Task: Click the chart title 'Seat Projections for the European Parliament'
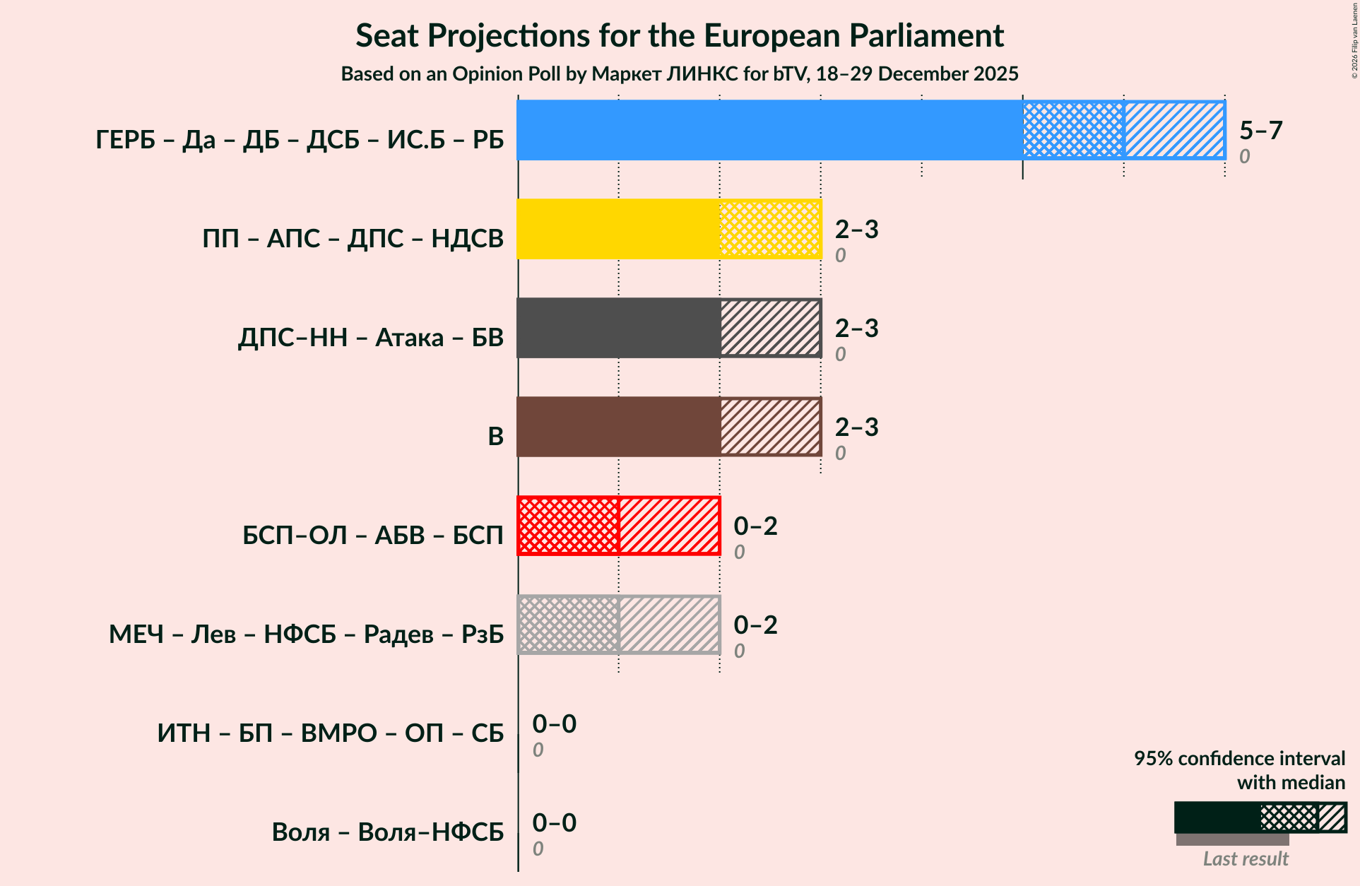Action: point(680,36)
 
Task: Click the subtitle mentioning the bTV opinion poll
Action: point(680,74)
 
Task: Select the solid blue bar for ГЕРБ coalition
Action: point(769,130)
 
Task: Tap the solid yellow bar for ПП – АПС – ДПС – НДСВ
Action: point(618,229)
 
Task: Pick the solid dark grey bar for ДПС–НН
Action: point(618,328)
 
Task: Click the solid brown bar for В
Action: point(618,427)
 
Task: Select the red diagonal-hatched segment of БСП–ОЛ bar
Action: point(669,526)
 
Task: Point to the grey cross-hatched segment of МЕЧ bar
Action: point(568,625)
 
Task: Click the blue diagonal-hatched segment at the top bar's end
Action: point(1174,130)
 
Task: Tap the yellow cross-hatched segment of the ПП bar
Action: point(770,229)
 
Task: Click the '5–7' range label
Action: point(1260,131)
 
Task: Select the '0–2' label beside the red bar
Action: point(755,526)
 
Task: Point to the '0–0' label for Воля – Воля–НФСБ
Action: point(554,823)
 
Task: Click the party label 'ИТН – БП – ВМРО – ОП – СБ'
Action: point(331,733)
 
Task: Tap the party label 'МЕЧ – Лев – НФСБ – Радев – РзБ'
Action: point(306,634)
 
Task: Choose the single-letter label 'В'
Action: point(495,437)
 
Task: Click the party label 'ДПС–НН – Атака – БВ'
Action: point(370,338)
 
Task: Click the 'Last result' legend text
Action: point(1246,859)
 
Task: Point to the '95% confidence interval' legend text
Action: point(1239,759)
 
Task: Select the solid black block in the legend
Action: point(1217,817)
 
